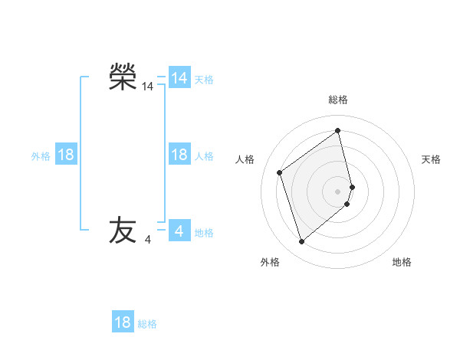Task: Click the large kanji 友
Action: tap(123, 230)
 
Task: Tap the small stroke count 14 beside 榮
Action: tap(148, 87)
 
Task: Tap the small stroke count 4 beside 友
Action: tap(148, 240)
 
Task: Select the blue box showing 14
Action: tap(179, 78)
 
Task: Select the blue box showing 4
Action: tap(179, 231)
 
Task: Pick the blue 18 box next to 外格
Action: tap(66, 155)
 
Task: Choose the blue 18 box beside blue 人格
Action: tap(179, 155)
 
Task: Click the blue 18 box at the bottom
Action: tap(123, 322)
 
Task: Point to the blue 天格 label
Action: tap(204, 80)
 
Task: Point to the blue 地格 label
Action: tap(204, 233)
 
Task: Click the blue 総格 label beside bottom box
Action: tap(147, 324)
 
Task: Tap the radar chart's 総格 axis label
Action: tap(338, 100)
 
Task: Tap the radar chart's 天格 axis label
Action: tap(432, 159)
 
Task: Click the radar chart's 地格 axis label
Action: tap(402, 262)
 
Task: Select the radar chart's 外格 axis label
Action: tap(270, 262)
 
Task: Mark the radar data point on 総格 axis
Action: tap(338, 131)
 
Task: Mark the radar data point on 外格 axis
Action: tap(302, 242)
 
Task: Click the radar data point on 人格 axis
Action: tap(280, 172)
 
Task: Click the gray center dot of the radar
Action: tap(338, 191)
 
